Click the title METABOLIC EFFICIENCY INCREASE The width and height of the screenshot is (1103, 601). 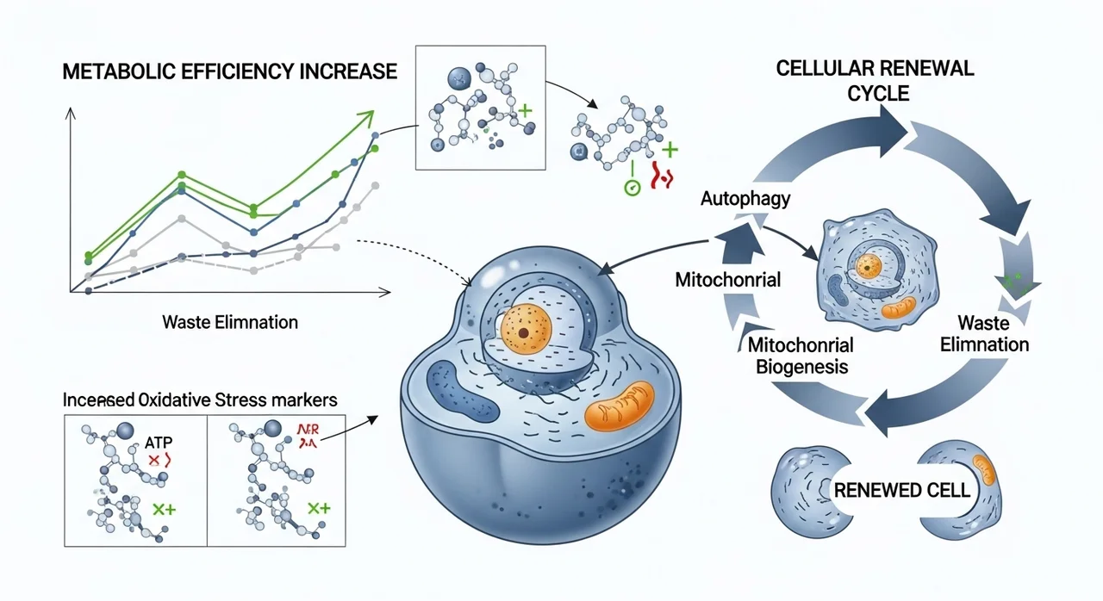pyautogui.click(x=230, y=71)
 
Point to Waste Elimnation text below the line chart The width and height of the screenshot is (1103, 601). pyautogui.click(x=230, y=323)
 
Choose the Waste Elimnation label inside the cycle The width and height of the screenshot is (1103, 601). pyautogui.click(x=994, y=334)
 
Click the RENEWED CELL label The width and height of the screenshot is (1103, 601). pyautogui.click(x=901, y=492)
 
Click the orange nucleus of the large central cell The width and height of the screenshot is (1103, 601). pyautogui.click(x=523, y=331)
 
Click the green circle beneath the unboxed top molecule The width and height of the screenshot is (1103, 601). pyautogui.click(x=632, y=186)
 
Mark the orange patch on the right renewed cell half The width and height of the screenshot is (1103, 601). pyautogui.click(x=988, y=469)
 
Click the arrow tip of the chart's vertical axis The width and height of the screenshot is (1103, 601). pyautogui.click(x=71, y=113)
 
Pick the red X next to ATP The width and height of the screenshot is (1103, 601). pyautogui.click(x=153, y=461)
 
